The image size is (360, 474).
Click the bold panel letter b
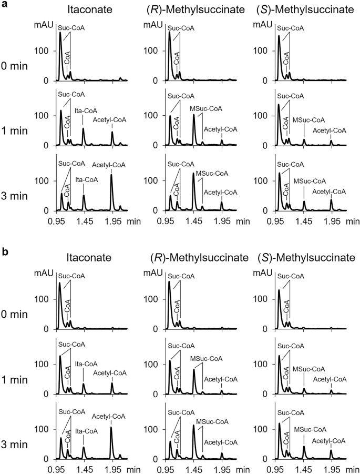(5, 252)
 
